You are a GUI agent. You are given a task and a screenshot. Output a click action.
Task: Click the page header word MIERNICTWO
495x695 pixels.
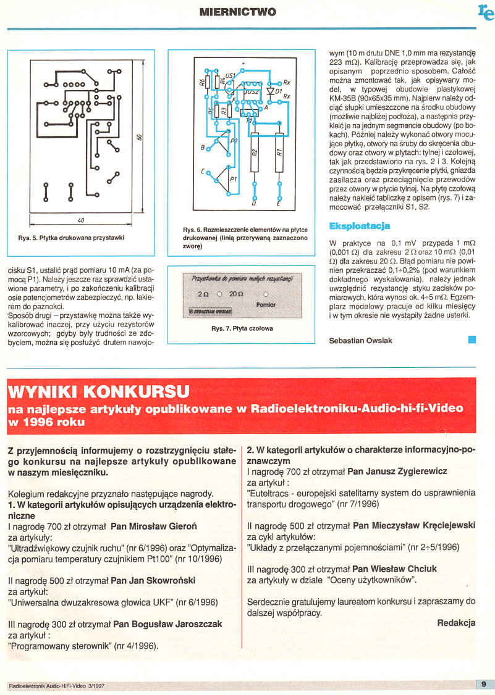point(239,12)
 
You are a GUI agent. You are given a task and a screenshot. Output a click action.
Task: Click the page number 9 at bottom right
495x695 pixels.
point(484,683)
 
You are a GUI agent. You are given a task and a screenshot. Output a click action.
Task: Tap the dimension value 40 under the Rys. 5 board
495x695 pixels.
point(81,220)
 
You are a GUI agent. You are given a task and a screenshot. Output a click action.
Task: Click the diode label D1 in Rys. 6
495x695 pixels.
point(279,91)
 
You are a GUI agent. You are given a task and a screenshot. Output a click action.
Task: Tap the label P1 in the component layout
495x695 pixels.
point(233,178)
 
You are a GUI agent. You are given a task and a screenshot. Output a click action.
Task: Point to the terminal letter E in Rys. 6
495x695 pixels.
point(278,203)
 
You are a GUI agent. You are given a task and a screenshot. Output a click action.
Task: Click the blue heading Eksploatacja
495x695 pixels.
point(360,227)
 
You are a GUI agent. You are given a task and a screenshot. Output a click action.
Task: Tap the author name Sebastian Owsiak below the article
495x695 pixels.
point(360,340)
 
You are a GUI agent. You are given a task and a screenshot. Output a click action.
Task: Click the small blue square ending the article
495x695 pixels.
point(472,339)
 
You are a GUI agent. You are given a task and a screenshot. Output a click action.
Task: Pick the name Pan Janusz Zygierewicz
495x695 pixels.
point(397,471)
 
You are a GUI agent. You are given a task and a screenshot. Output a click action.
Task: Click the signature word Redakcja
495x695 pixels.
point(456,623)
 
